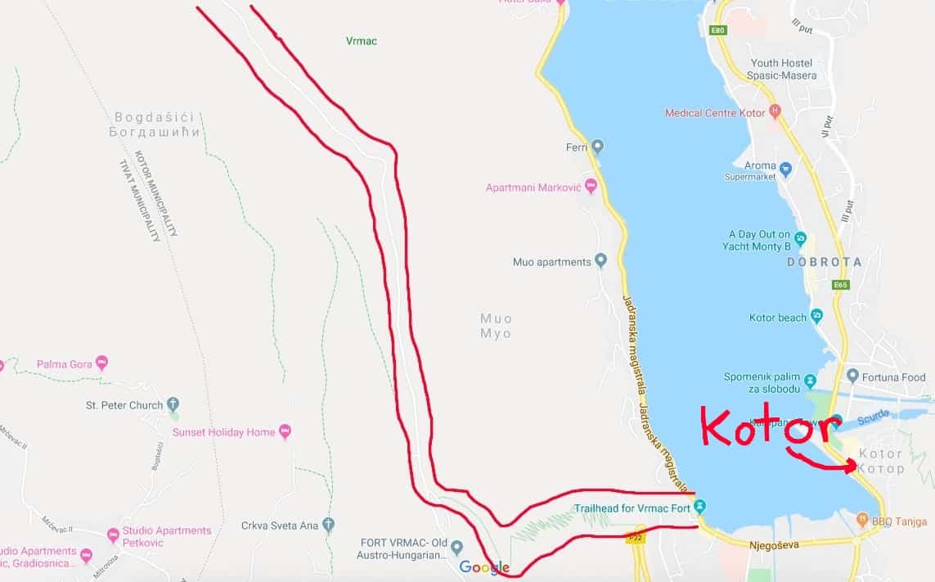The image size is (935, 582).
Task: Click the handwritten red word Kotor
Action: (769, 427)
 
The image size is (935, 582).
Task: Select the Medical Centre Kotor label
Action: (715, 113)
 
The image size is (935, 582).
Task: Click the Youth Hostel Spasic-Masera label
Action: (781, 70)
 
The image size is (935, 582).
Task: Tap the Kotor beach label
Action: (778, 318)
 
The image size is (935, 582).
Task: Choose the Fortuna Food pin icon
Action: (852, 377)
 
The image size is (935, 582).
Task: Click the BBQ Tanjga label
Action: (901, 521)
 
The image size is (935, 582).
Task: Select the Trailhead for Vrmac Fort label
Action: (639, 508)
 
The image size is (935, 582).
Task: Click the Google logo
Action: (484, 567)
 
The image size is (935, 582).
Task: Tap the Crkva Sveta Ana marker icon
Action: (329, 525)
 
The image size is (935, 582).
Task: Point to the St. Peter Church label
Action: (124, 405)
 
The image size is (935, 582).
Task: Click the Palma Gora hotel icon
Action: (101, 363)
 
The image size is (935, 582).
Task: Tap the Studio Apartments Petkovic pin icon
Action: (113, 535)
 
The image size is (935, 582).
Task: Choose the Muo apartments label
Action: (551, 262)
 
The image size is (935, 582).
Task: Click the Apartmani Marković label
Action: (533, 187)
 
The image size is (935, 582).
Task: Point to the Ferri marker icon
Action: (598, 147)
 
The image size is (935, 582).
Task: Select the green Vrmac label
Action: (362, 41)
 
